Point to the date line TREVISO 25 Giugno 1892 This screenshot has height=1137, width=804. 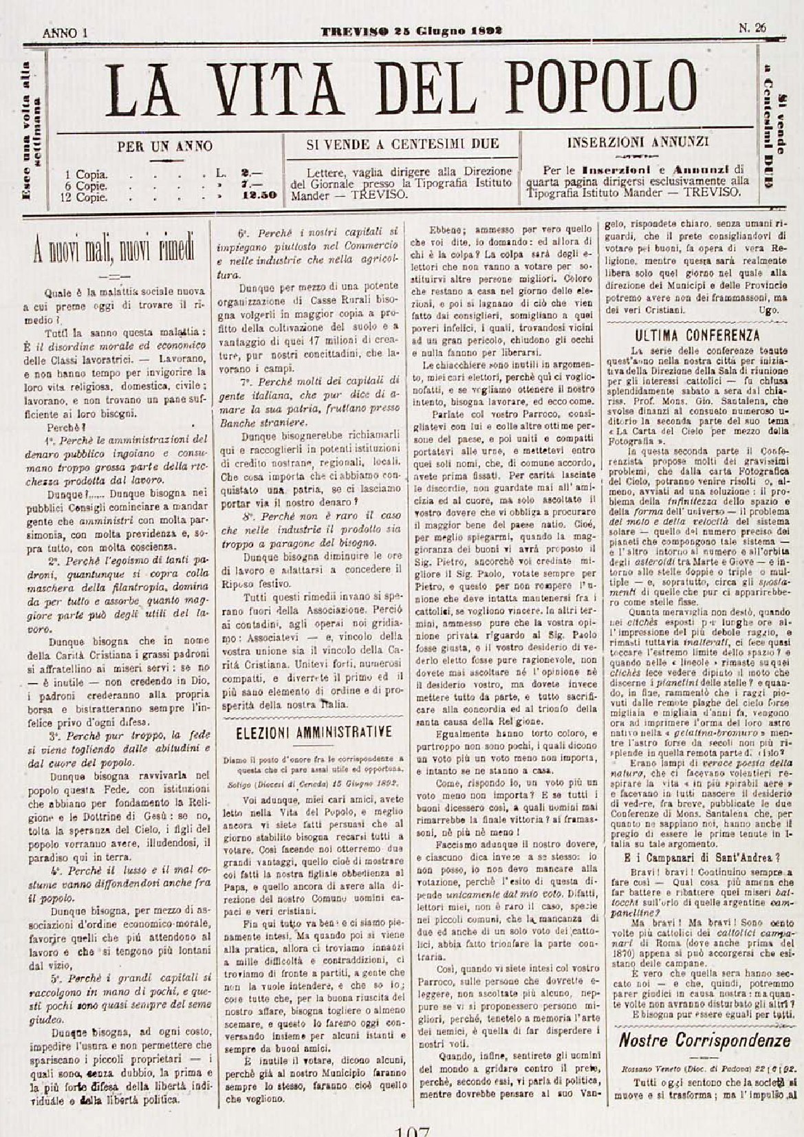411,30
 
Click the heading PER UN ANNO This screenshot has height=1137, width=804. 164,146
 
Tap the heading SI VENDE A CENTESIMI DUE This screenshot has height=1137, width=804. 402,144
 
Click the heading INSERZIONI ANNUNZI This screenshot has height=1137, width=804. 638,143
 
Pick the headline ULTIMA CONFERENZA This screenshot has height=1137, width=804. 697,336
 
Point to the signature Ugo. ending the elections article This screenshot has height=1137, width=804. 770,311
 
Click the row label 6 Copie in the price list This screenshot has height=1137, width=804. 86,185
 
